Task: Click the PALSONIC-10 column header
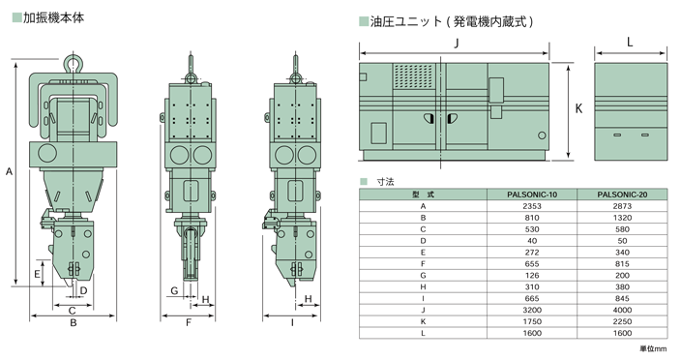(x=532, y=195)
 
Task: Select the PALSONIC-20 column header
(x=622, y=195)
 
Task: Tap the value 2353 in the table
(x=532, y=206)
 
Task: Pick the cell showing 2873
(x=622, y=206)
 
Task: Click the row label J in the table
(x=423, y=310)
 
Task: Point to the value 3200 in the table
(x=532, y=310)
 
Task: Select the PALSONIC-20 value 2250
(x=622, y=322)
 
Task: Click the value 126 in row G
(x=532, y=275)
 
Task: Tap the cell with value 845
(x=622, y=299)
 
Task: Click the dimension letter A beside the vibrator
(x=9, y=172)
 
